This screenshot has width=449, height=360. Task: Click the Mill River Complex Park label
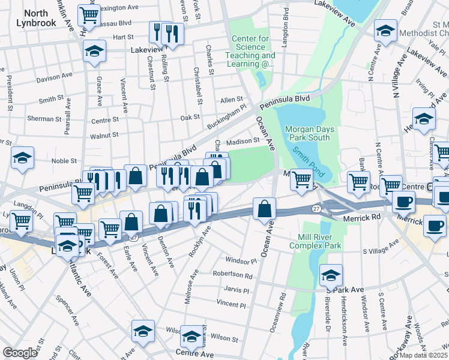click(315, 241)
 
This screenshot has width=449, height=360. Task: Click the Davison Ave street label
click(54, 78)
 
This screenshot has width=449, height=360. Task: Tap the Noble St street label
click(64, 161)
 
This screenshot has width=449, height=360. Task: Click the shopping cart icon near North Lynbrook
click(89, 14)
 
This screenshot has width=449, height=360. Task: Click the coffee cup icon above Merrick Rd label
click(403, 201)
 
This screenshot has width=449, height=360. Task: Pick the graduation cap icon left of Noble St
click(23, 158)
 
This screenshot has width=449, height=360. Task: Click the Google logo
click(20, 352)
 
